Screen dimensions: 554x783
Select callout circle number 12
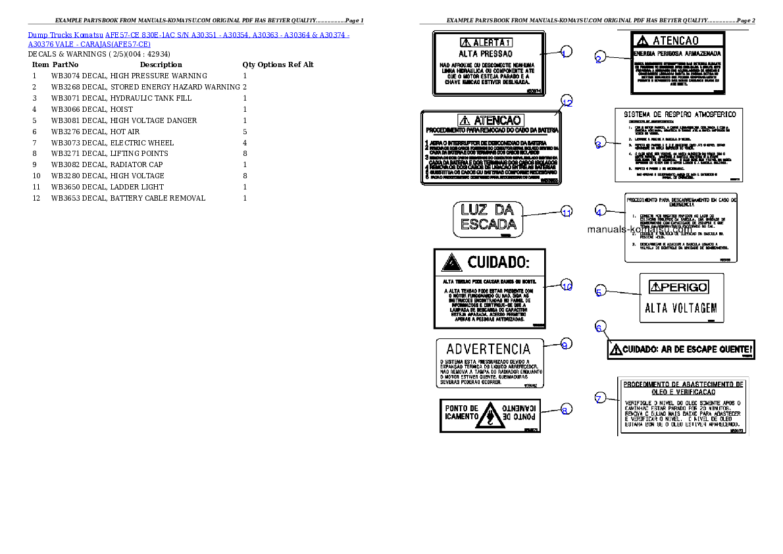coord(567,102)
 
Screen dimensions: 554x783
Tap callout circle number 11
coord(567,212)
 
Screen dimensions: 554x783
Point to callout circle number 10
coord(567,286)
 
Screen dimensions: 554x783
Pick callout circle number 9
coord(565,343)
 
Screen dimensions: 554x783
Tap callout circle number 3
coord(599,144)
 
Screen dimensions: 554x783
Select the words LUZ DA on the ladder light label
coord(487,211)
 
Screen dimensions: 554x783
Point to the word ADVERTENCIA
coord(488,349)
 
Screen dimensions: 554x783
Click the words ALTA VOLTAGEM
coord(681,308)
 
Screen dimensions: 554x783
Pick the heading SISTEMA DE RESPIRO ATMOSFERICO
coord(680,114)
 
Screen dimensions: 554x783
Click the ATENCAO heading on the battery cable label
coord(491,120)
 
